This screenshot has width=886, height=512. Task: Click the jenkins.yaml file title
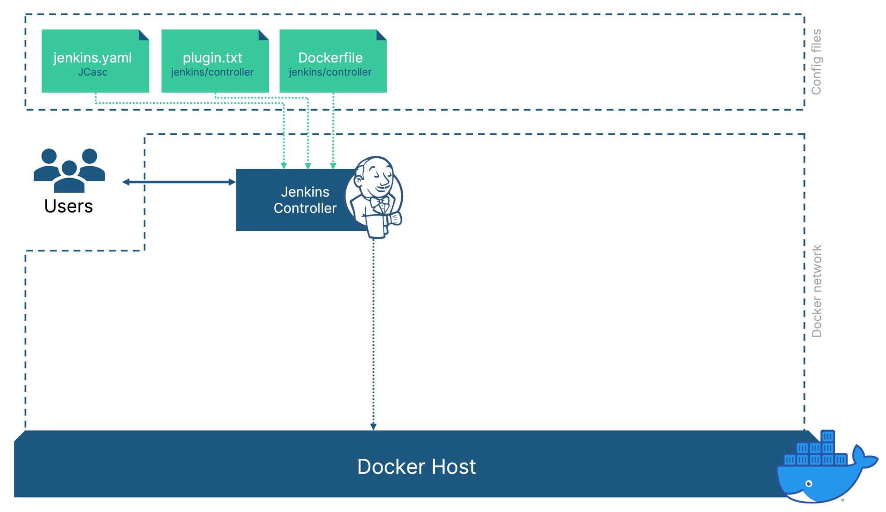tap(92, 58)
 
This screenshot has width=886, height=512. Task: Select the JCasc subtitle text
tap(93, 72)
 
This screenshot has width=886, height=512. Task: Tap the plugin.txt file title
tap(212, 58)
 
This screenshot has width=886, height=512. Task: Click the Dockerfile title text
tap(331, 58)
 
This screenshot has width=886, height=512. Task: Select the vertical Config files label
tap(816, 62)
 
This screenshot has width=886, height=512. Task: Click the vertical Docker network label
tap(816, 291)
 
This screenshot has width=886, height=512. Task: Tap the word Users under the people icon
tap(68, 206)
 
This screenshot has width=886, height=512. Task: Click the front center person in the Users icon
tap(69, 177)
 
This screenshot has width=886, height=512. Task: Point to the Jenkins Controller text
tap(305, 200)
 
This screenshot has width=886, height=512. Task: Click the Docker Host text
tap(416, 467)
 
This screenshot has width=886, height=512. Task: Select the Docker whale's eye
tap(809, 483)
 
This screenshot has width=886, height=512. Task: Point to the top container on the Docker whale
tap(827, 436)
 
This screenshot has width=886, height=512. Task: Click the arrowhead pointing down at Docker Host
tap(373, 427)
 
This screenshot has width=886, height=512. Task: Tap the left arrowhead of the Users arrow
tap(126, 182)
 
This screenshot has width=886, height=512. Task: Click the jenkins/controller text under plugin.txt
tap(212, 72)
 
